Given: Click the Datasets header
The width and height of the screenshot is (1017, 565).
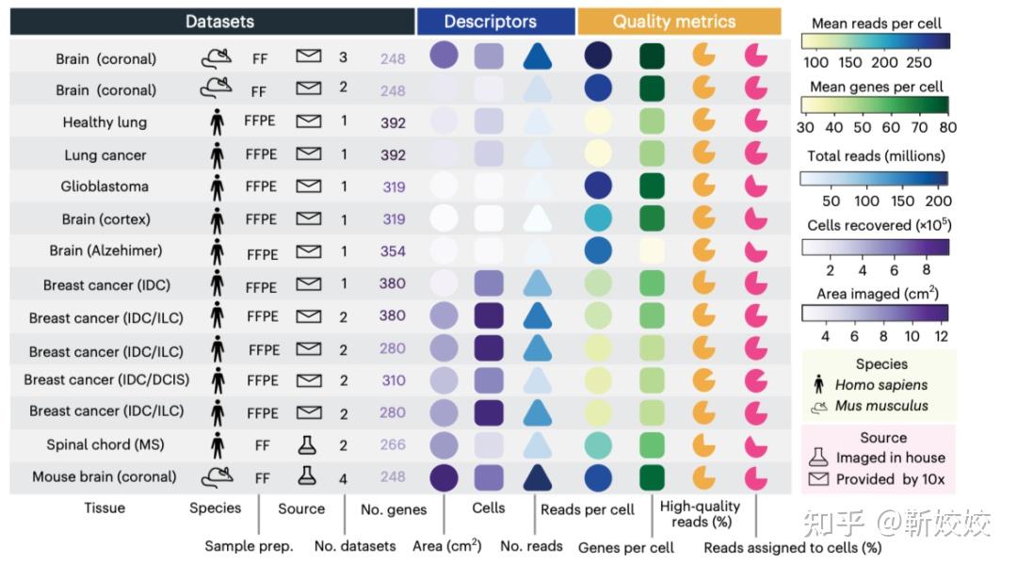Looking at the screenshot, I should pyautogui.click(x=219, y=22).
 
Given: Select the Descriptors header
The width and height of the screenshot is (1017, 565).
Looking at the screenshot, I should pyautogui.click(x=490, y=22).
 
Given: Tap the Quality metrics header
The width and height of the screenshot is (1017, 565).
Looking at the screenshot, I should pyautogui.click(x=674, y=22).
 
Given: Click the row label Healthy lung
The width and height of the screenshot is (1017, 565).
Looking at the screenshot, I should pyautogui.click(x=105, y=122).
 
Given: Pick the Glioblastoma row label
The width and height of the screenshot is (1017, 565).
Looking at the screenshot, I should pyautogui.click(x=105, y=186).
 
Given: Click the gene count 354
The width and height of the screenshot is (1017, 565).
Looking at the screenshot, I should pyautogui.click(x=393, y=251).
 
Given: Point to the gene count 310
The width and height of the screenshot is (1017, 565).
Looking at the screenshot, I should pyautogui.click(x=393, y=380).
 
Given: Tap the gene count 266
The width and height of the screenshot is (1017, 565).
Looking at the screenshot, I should pyautogui.click(x=393, y=444).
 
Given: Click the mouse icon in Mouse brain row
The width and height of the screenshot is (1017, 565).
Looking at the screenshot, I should pyautogui.click(x=218, y=476).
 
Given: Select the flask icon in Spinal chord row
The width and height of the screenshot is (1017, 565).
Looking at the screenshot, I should pyautogui.click(x=307, y=444).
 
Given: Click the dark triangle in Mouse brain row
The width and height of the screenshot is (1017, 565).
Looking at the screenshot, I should pyautogui.click(x=537, y=477).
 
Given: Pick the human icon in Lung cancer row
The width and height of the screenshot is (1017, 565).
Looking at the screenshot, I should pyautogui.click(x=218, y=154).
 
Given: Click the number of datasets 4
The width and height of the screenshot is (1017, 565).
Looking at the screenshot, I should pyautogui.click(x=343, y=478).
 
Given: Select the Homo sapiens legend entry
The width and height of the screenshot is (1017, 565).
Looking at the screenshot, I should pyautogui.click(x=880, y=384).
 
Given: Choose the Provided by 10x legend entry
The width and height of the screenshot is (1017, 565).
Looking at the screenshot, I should pyautogui.click(x=890, y=479).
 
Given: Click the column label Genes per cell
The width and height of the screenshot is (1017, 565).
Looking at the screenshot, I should pyautogui.click(x=626, y=547).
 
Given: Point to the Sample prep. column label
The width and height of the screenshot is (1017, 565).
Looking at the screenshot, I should pyautogui.click(x=249, y=546).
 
